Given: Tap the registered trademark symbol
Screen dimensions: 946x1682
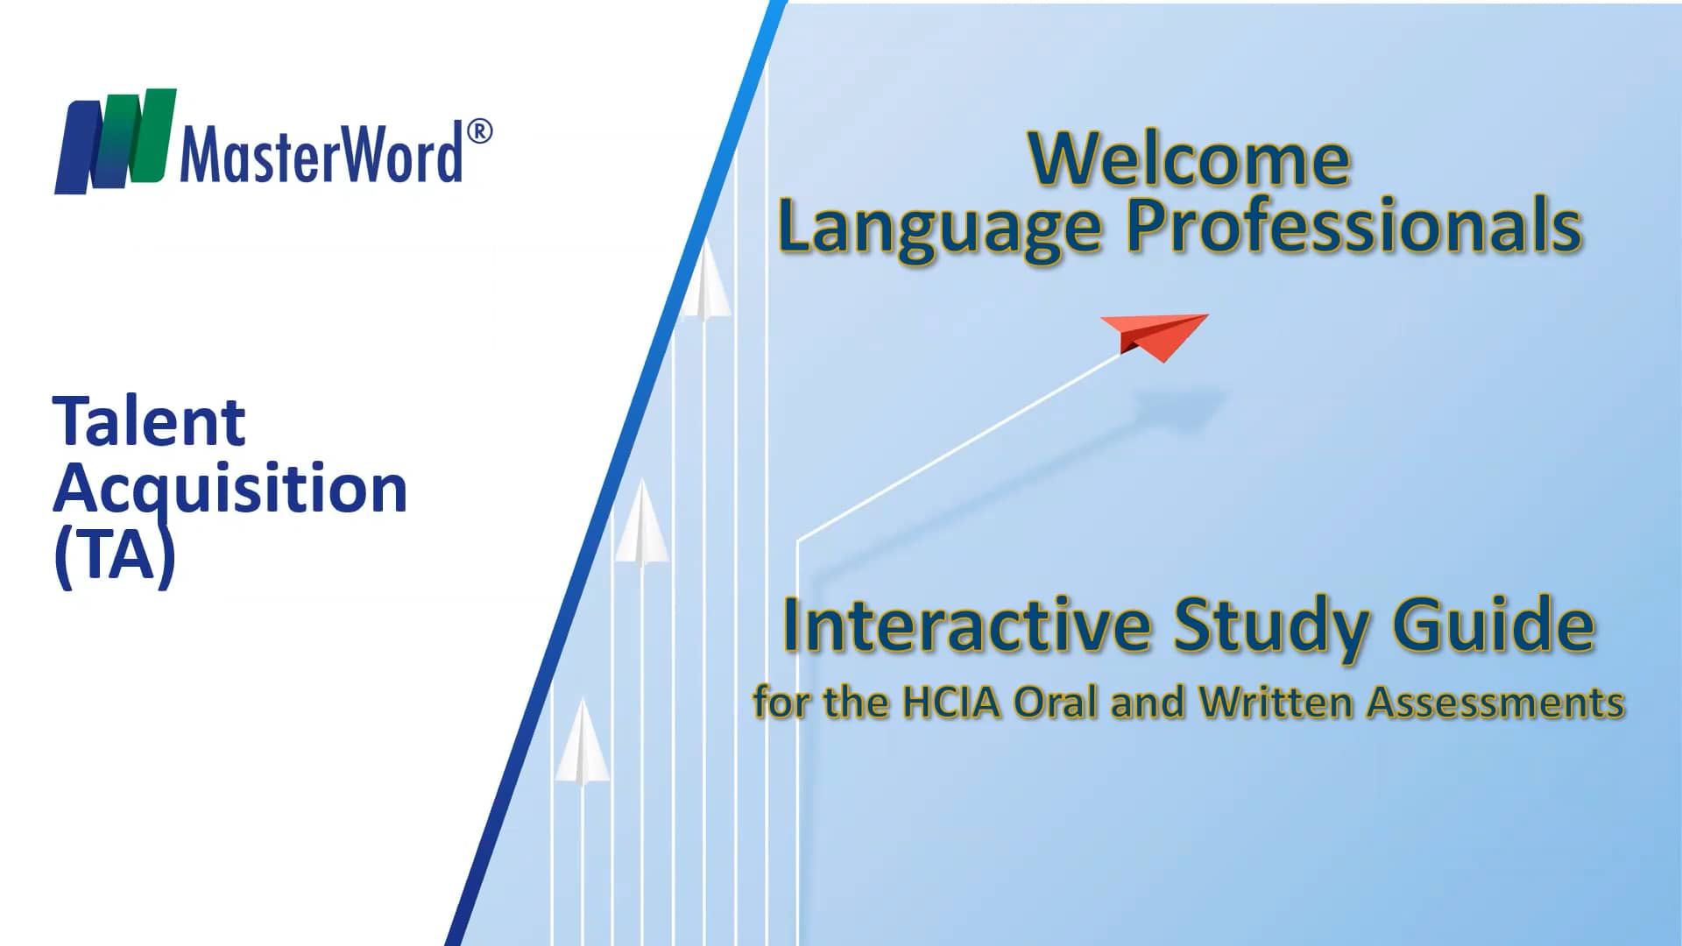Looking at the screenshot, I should point(479,132).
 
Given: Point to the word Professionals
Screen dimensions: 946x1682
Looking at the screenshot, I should point(1353,226).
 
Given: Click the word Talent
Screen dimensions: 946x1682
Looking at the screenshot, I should point(149,421).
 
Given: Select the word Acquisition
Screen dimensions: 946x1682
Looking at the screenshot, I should point(230,489).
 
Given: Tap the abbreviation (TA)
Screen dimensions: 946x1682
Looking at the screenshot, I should point(115,554).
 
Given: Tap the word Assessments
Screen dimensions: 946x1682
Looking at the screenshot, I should point(1496,703).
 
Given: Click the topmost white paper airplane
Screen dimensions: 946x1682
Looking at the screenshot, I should point(704,282).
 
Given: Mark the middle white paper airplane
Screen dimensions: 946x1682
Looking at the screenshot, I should point(642,523).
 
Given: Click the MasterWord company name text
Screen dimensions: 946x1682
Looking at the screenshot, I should point(321,154).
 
